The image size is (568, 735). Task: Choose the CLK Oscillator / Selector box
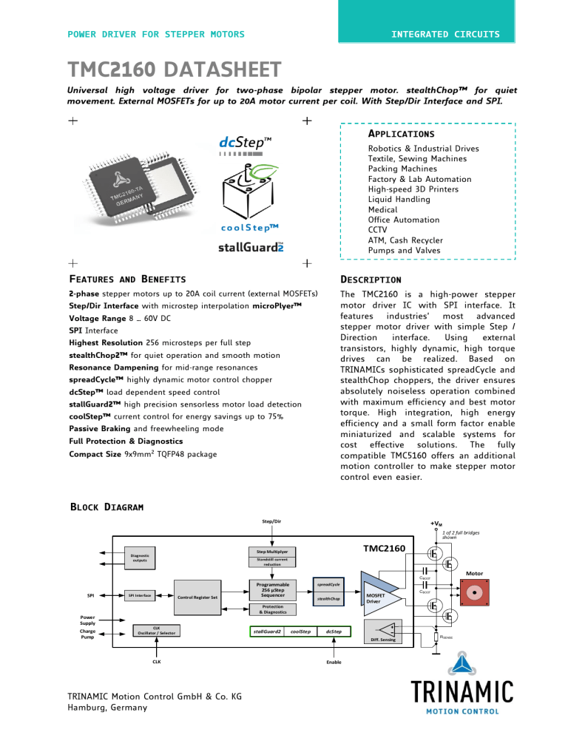tap(156, 631)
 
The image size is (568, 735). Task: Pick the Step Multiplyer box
tap(272, 552)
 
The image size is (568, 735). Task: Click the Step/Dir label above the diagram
tap(272, 521)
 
